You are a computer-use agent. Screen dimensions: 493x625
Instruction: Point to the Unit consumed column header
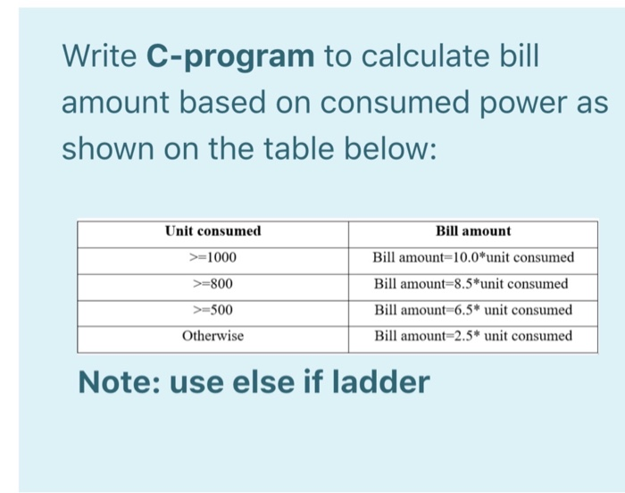(x=212, y=231)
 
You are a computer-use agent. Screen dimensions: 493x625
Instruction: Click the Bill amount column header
(x=473, y=231)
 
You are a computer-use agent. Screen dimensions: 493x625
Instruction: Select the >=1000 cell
(x=212, y=258)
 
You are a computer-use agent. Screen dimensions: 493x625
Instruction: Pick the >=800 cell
(x=212, y=284)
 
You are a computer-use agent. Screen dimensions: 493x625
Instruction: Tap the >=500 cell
(x=212, y=310)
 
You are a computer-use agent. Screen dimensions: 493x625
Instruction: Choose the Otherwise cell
(x=212, y=337)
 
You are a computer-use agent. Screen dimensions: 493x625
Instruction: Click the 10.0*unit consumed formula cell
(x=473, y=258)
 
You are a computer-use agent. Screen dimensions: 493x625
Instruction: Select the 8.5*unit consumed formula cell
(x=471, y=284)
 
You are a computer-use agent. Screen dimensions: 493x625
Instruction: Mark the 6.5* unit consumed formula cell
(x=473, y=310)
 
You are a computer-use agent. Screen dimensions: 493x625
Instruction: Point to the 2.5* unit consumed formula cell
(x=473, y=337)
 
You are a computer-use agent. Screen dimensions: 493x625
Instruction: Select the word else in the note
(x=267, y=383)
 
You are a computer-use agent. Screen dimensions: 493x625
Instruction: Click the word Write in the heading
(x=97, y=58)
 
